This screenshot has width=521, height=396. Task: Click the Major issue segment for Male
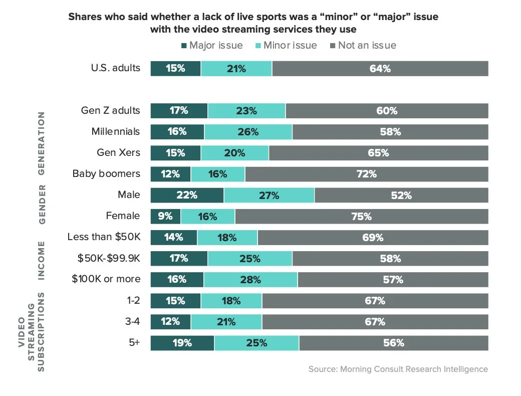[187, 195]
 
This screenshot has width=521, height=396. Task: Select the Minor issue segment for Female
[207, 217]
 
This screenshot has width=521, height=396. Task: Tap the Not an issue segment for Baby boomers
[366, 174]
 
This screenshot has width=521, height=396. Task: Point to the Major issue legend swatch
[184, 46]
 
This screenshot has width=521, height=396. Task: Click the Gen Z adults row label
[110, 110]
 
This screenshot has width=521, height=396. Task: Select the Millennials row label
[116, 132]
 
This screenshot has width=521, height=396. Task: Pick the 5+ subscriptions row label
[134, 343]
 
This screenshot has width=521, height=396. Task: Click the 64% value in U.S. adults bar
[380, 69]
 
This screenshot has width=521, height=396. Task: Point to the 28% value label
[250, 280]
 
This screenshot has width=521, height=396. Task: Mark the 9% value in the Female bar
[165, 217]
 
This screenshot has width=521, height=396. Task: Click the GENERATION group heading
[42, 143]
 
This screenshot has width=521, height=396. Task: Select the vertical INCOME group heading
[42, 260]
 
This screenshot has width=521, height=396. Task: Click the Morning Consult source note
[398, 369]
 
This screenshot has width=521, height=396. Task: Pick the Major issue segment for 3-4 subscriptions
[170, 322]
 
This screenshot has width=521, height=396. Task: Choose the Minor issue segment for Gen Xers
[234, 153]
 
